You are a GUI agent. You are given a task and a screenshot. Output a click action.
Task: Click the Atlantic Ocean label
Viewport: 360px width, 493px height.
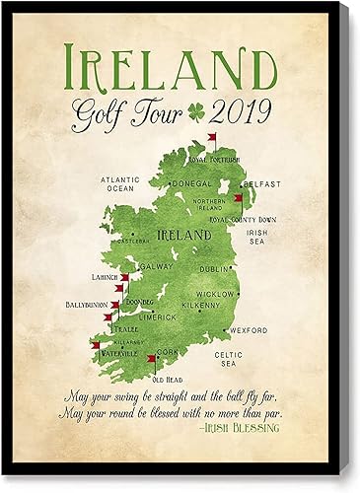point(123,183)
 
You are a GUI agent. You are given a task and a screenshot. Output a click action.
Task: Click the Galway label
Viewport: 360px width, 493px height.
point(158,266)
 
